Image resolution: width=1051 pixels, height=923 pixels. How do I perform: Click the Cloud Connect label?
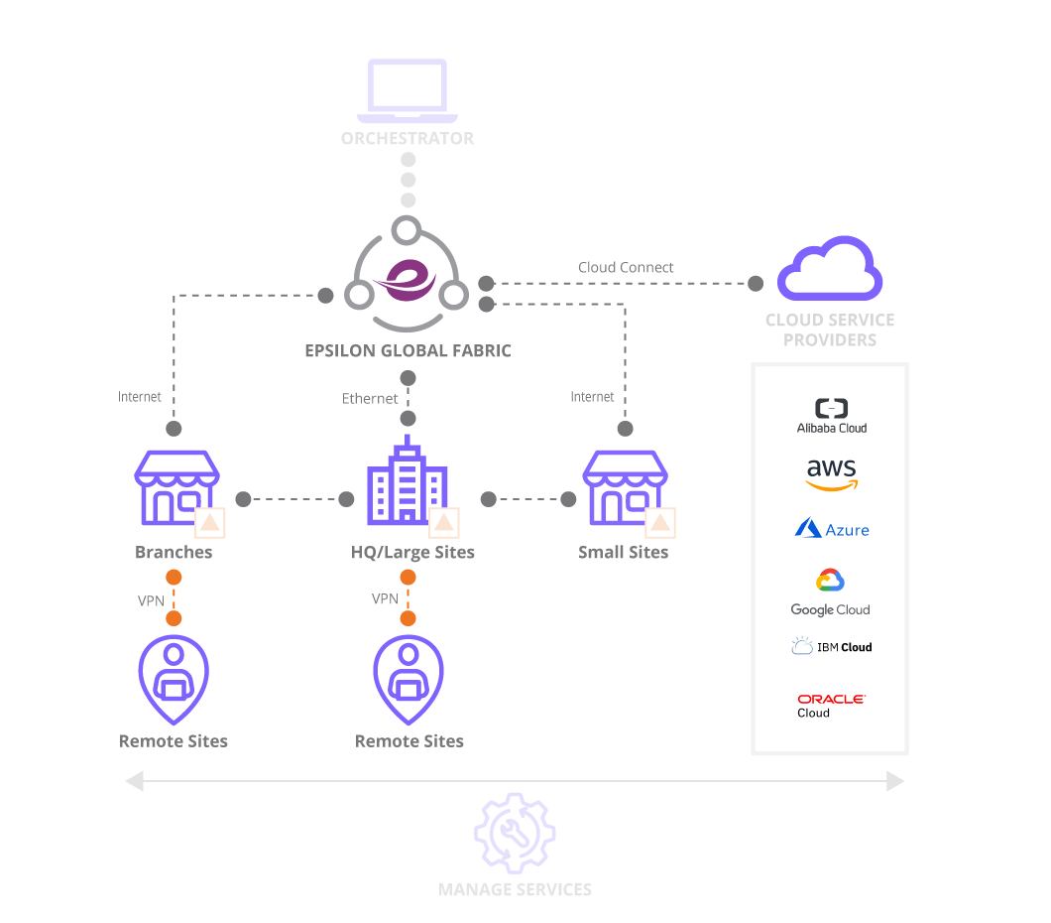pos(626,267)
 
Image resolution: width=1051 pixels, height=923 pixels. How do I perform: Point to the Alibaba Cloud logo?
pos(831,416)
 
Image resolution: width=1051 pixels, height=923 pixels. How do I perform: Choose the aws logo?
pos(831,474)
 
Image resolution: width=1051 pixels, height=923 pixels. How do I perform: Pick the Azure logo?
pos(831,528)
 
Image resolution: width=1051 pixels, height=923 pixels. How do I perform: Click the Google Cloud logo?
pos(830,593)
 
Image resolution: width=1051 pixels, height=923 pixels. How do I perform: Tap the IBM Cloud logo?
pos(831,647)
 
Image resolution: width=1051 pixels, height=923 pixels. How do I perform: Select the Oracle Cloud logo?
pos(831,705)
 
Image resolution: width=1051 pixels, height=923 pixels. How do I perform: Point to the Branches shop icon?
pos(176,488)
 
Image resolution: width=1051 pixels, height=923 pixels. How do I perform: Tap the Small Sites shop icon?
pos(625,488)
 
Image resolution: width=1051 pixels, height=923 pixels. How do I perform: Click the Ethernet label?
pos(370,398)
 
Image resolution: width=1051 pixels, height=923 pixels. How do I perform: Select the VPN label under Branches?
pos(151,600)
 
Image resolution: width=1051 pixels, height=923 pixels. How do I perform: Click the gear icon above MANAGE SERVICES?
pos(514,833)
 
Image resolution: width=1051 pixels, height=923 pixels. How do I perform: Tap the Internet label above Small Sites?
pos(592,396)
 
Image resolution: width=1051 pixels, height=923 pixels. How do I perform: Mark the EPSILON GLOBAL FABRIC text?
pos(408,350)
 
